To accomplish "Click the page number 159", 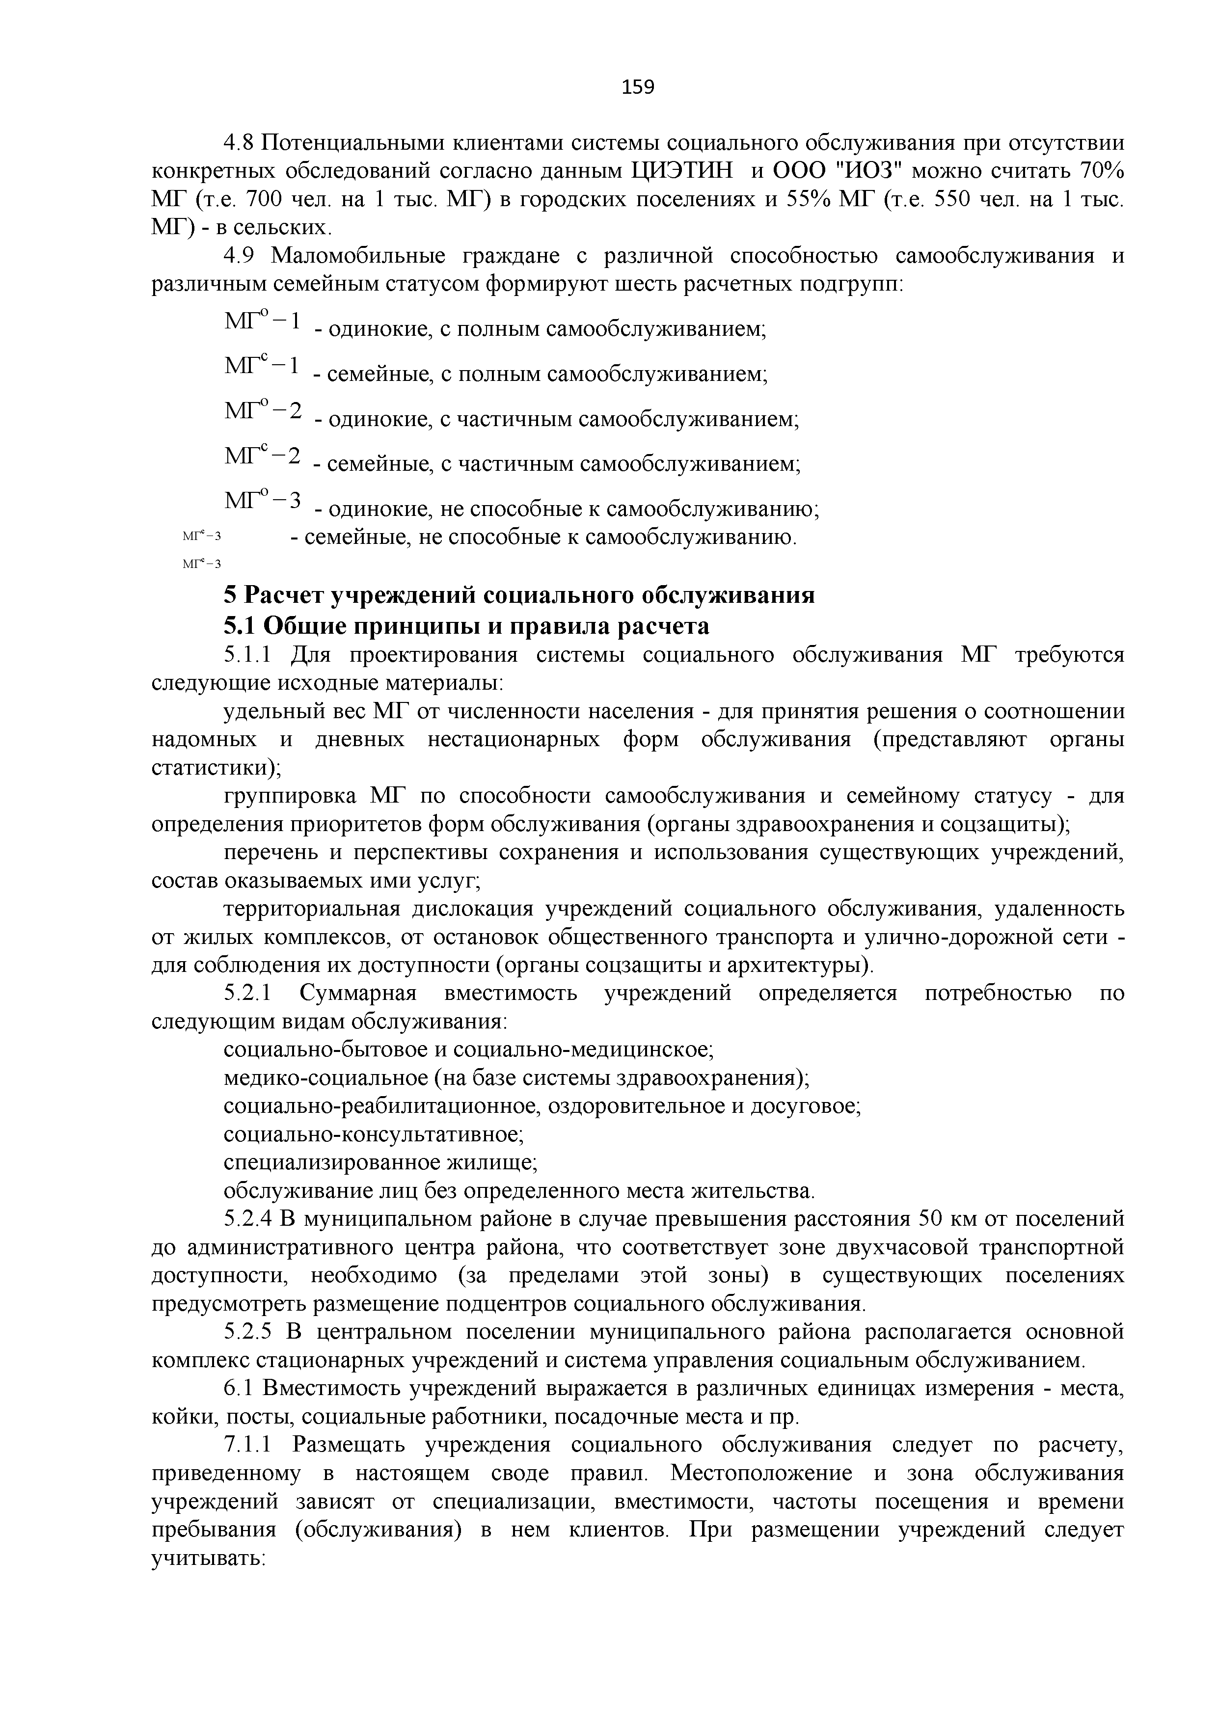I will click(638, 88).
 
